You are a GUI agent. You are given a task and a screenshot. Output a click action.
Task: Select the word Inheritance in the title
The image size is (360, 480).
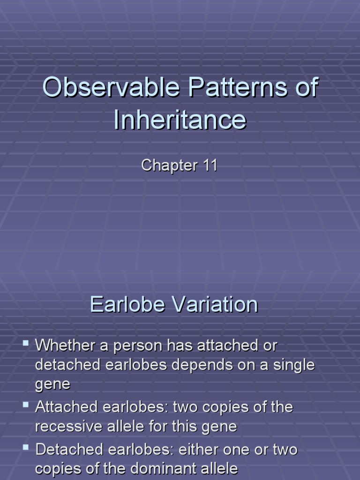(180, 120)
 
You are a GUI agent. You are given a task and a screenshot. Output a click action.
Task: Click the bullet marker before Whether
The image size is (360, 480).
(26, 345)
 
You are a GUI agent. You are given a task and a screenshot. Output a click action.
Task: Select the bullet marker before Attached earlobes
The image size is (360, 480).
(26, 405)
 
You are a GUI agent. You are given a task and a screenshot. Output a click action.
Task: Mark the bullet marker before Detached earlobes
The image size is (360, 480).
(26, 448)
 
